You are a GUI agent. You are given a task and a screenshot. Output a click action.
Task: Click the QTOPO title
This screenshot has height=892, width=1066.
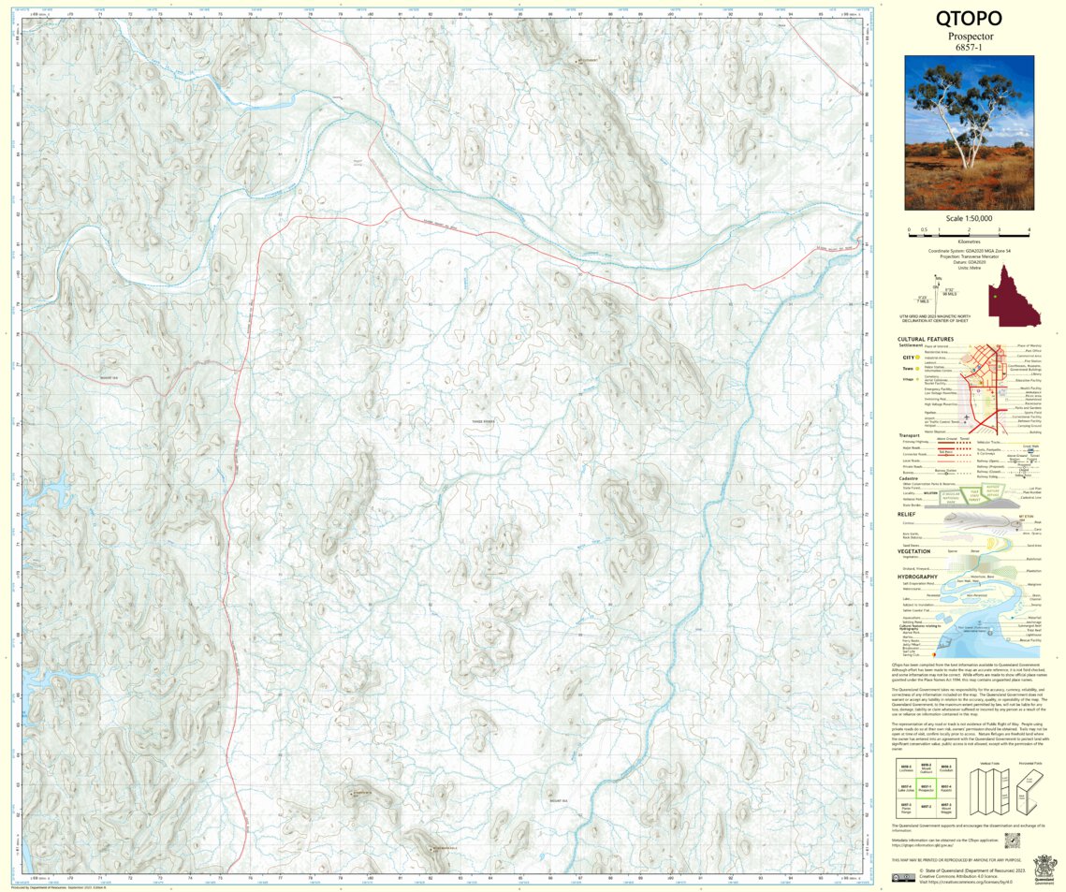[x=969, y=19]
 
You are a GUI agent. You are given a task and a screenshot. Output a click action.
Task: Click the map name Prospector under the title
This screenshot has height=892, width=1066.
[x=969, y=37]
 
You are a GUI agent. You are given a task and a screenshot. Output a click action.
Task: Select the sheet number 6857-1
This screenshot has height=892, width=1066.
[x=969, y=48]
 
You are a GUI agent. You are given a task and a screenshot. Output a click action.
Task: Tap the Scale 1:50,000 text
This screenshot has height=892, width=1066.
[x=969, y=218]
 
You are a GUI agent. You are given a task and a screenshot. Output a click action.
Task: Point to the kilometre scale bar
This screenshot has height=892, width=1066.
[x=969, y=230]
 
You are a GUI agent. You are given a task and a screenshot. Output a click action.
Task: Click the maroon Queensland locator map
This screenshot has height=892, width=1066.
[x=1015, y=295]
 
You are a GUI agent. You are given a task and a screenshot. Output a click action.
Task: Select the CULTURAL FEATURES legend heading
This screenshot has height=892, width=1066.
[x=926, y=339]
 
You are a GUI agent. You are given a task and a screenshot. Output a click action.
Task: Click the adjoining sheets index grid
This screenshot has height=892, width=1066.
[x=926, y=791]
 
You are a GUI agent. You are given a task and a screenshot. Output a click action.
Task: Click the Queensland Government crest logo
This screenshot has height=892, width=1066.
[x=1044, y=867]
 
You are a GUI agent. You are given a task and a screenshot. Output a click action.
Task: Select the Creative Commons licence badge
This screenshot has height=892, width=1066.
[x=903, y=877]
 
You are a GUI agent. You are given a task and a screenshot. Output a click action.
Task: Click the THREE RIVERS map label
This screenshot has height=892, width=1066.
[x=483, y=422]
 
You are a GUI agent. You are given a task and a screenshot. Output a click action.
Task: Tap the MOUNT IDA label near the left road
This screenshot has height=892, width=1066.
[x=110, y=378]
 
